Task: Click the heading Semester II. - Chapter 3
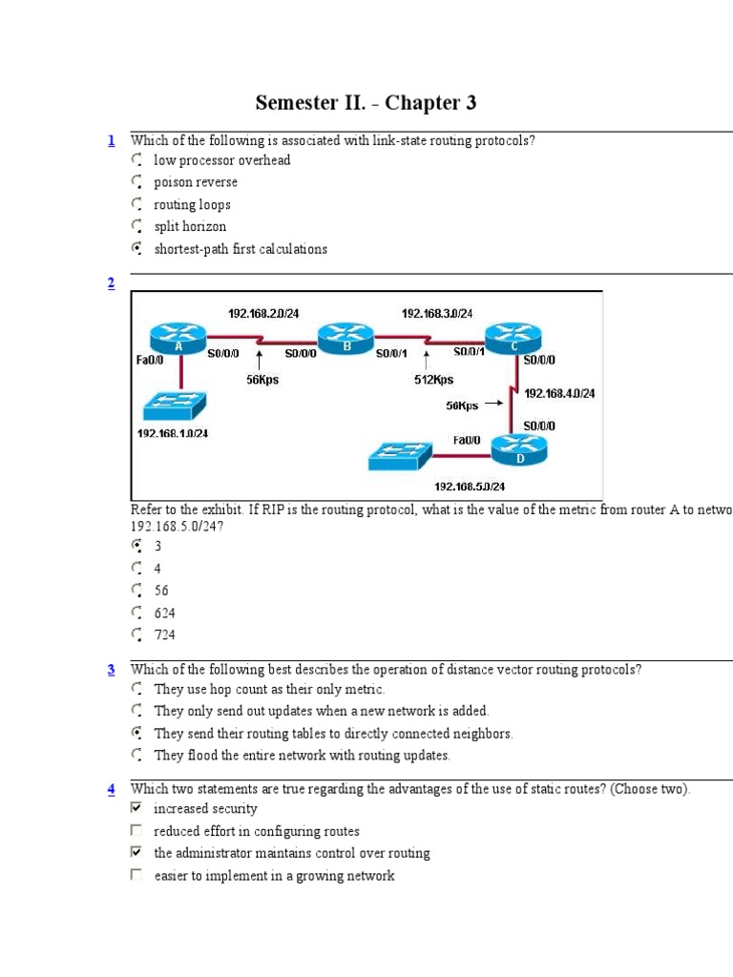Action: tap(366, 102)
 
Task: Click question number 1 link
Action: tap(111, 141)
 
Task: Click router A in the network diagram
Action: tap(178, 337)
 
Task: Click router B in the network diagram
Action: tap(346, 337)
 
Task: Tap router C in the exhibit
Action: tap(515, 337)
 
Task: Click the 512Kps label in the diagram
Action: tap(433, 380)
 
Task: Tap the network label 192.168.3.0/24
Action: tap(436, 313)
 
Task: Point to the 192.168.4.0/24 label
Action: tap(560, 393)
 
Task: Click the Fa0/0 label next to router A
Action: tap(150, 361)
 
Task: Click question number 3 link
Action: tap(111, 670)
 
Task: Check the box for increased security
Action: tap(136, 808)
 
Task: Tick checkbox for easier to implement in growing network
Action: tap(136, 875)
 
